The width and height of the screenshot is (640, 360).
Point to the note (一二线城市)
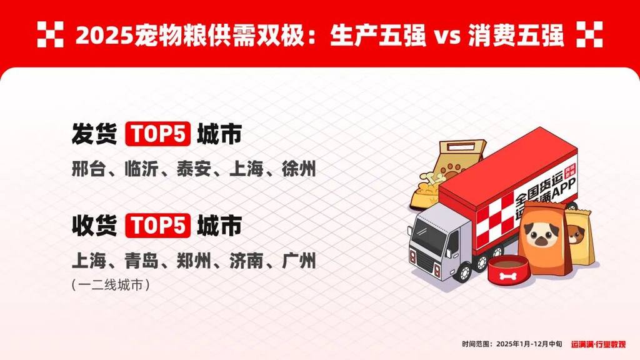[111, 285]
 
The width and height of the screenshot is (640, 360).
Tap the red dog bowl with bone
[507, 269]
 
